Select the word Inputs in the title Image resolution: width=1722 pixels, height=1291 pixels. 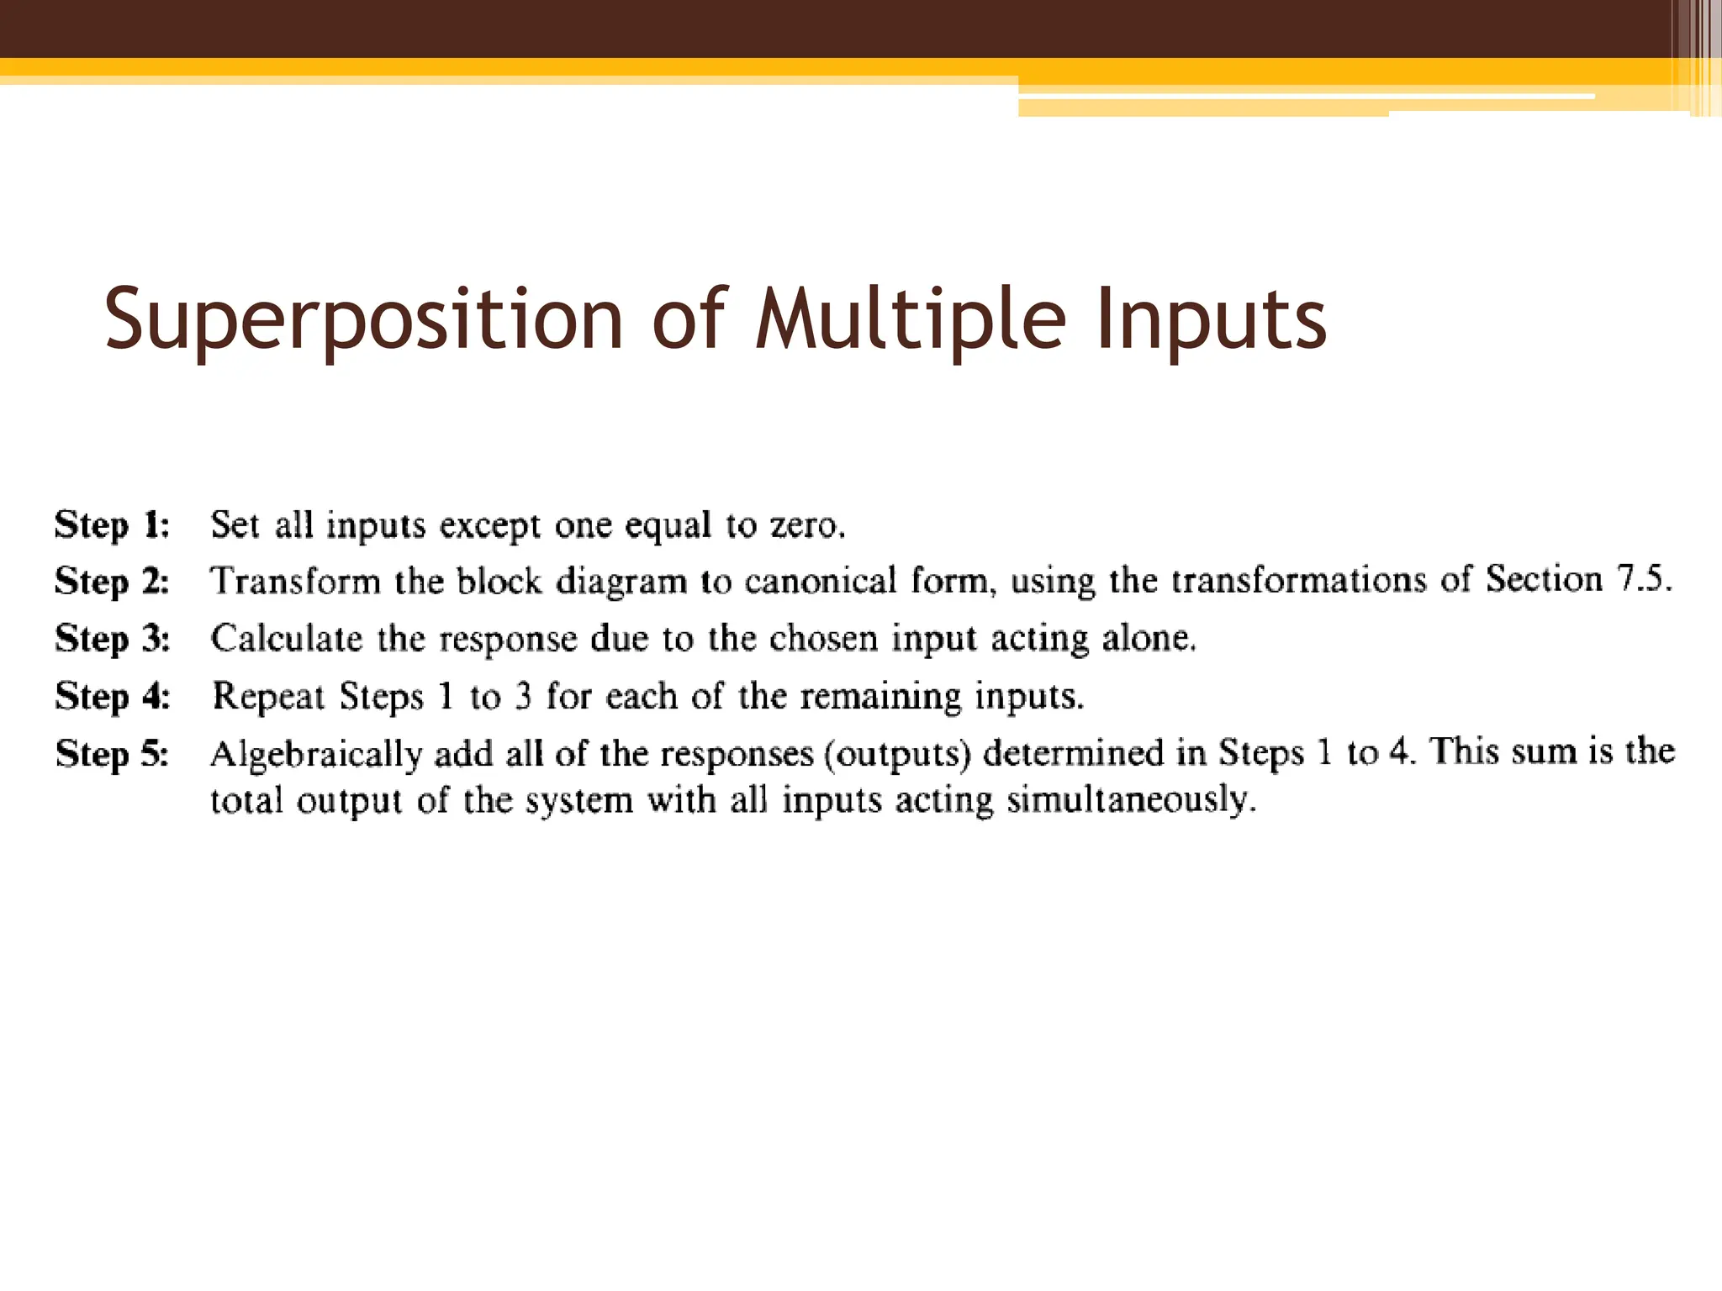[x=1211, y=319]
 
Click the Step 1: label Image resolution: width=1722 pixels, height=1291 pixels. [x=113, y=525]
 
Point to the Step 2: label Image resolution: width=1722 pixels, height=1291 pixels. [x=113, y=582]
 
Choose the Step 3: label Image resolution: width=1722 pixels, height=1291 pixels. [x=113, y=639]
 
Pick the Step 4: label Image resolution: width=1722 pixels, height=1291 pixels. [x=113, y=697]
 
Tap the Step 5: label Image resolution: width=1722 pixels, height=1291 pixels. [x=113, y=754]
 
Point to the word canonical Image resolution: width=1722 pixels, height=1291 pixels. [x=821, y=582]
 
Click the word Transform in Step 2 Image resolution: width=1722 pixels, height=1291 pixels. [x=295, y=582]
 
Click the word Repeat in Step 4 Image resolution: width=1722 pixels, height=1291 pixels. [x=269, y=697]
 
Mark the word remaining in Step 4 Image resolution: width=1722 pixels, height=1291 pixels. [x=879, y=697]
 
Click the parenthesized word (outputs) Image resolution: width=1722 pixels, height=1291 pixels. [x=898, y=754]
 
